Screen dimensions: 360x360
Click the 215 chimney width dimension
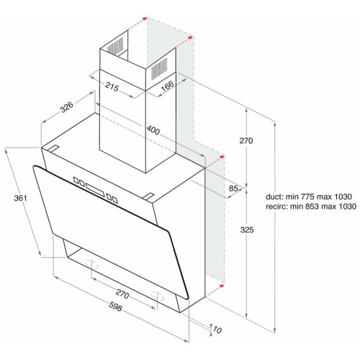coord(112,86)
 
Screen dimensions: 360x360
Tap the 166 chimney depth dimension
coord(167,86)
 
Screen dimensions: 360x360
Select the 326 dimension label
coord(66,107)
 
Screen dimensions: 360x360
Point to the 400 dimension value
coord(153,130)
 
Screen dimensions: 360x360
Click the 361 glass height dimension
coord(20,198)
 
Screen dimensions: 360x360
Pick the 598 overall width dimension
coord(115,307)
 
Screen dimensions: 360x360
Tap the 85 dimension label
coord(233,189)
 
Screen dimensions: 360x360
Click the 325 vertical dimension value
coord(247,230)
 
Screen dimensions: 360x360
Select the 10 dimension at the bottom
coord(217,330)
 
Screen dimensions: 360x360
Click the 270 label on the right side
coord(246,140)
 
